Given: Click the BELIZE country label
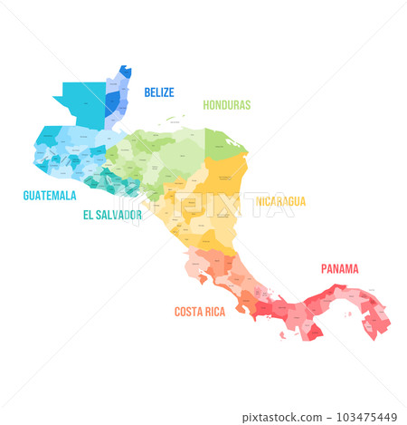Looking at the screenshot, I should coord(159,92).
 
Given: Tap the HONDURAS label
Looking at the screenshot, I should coord(226,104).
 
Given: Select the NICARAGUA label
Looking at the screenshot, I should coord(280,201).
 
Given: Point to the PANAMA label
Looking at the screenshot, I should coord(339,268).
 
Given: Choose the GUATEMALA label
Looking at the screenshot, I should coord(50,194).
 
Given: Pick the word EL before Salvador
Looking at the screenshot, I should coord(89,215).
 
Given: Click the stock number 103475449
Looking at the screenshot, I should coord(371,416).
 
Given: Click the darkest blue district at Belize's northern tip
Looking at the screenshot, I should coord(126,71).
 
